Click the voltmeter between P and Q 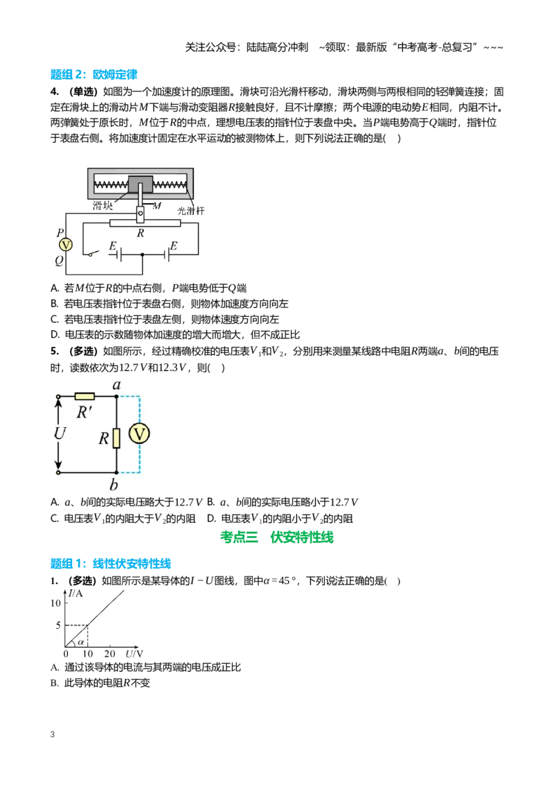coord(66,245)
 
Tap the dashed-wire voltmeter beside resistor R coord(139,433)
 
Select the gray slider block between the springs coord(141,184)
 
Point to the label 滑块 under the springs coord(102,205)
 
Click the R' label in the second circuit coord(84,413)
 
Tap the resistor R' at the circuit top coord(84,397)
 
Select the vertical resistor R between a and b coord(116,438)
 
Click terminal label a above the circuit coord(116,384)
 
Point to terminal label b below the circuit coord(114,485)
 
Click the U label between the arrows coord(60,433)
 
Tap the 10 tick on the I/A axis coord(55,603)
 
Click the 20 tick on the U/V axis coord(109,654)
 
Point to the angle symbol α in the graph coord(80,642)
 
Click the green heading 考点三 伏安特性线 coord(277,537)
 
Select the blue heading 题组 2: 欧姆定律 coord(94,75)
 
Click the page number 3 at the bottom coord(53,734)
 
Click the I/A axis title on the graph coord(76,593)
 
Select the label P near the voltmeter coord(60,233)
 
